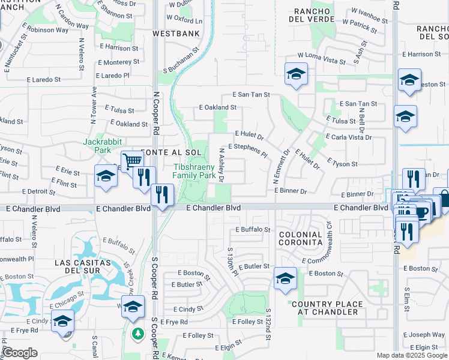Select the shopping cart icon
(131, 160)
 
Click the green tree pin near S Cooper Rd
(138, 333)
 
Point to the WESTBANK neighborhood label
(176, 34)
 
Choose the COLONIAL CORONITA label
(301, 238)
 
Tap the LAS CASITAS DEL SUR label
(82, 267)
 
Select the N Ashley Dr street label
(221, 165)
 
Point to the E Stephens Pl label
(247, 149)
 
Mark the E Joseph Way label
(424, 335)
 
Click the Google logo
(20, 353)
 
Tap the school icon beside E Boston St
(285, 278)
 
